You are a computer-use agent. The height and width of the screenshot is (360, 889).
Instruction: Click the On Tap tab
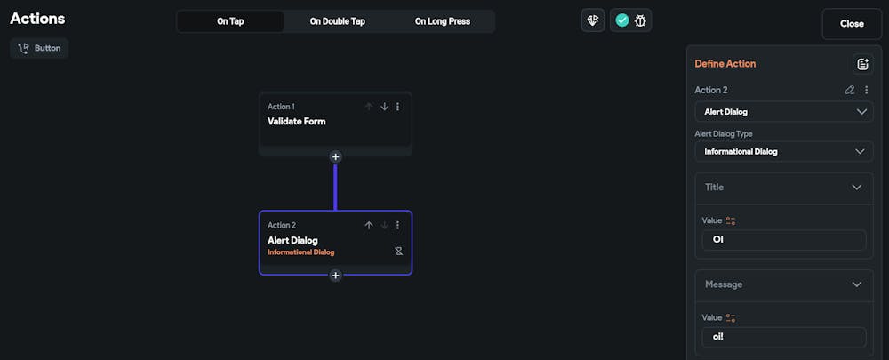[x=230, y=21]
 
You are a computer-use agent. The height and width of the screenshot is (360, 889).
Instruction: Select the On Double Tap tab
[x=337, y=21]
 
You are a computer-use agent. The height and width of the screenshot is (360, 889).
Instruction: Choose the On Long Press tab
[x=442, y=21]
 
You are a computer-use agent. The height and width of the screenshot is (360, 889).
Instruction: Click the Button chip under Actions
[x=39, y=48]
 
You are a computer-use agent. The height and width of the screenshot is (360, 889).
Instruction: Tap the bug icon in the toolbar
[x=640, y=20]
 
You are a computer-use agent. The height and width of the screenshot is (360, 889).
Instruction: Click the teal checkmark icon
[x=621, y=20]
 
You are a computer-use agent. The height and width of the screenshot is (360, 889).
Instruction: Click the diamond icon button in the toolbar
[x=592, y=20]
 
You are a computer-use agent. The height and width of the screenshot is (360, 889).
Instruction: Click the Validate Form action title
[x=297, y=122]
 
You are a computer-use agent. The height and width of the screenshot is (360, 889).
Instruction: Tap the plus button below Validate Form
[x=335, y=156]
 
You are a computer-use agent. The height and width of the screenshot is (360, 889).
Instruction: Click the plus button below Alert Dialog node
[x=335, y=276]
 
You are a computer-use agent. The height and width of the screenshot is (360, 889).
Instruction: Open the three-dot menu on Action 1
[x=397, y=107]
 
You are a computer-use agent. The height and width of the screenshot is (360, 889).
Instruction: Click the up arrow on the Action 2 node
[x=369, y=226]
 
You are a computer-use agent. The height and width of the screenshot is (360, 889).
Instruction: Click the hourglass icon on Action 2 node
[x=399, y=252]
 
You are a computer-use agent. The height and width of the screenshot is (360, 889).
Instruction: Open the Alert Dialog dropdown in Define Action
[x=783, y=112]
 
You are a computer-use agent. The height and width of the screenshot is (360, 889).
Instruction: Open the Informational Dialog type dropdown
[x=783, y=151]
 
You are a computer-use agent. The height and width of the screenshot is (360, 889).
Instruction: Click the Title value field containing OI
[x=783, y=240]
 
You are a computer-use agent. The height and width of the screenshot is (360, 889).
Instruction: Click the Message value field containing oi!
[x=783, y=337]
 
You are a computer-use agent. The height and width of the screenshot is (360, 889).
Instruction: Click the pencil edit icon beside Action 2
[x=850, y=90]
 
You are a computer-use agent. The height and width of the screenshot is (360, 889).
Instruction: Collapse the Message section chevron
[x=856, y=284]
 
